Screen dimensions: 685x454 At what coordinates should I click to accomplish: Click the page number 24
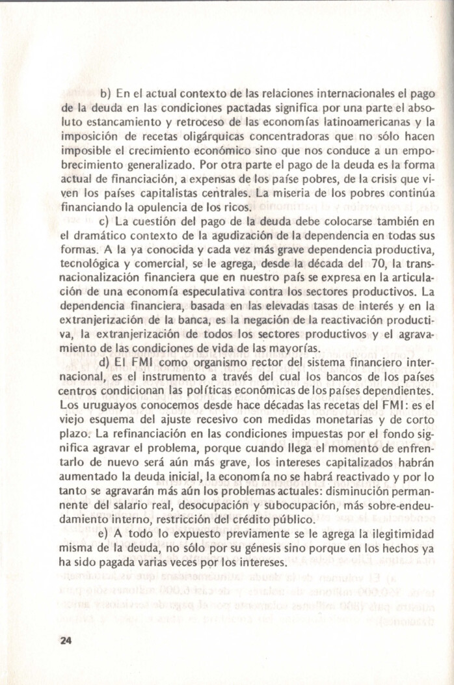tap(65, 639)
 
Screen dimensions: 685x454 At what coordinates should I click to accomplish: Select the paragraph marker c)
tap(105, 222)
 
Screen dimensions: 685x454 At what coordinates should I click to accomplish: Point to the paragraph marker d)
tap(105, 362)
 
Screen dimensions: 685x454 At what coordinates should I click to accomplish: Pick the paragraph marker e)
tap(105, 535)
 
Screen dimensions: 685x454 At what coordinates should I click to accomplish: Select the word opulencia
tap(187, 208)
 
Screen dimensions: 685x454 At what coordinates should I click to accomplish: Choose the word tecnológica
tap(93, 265)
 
